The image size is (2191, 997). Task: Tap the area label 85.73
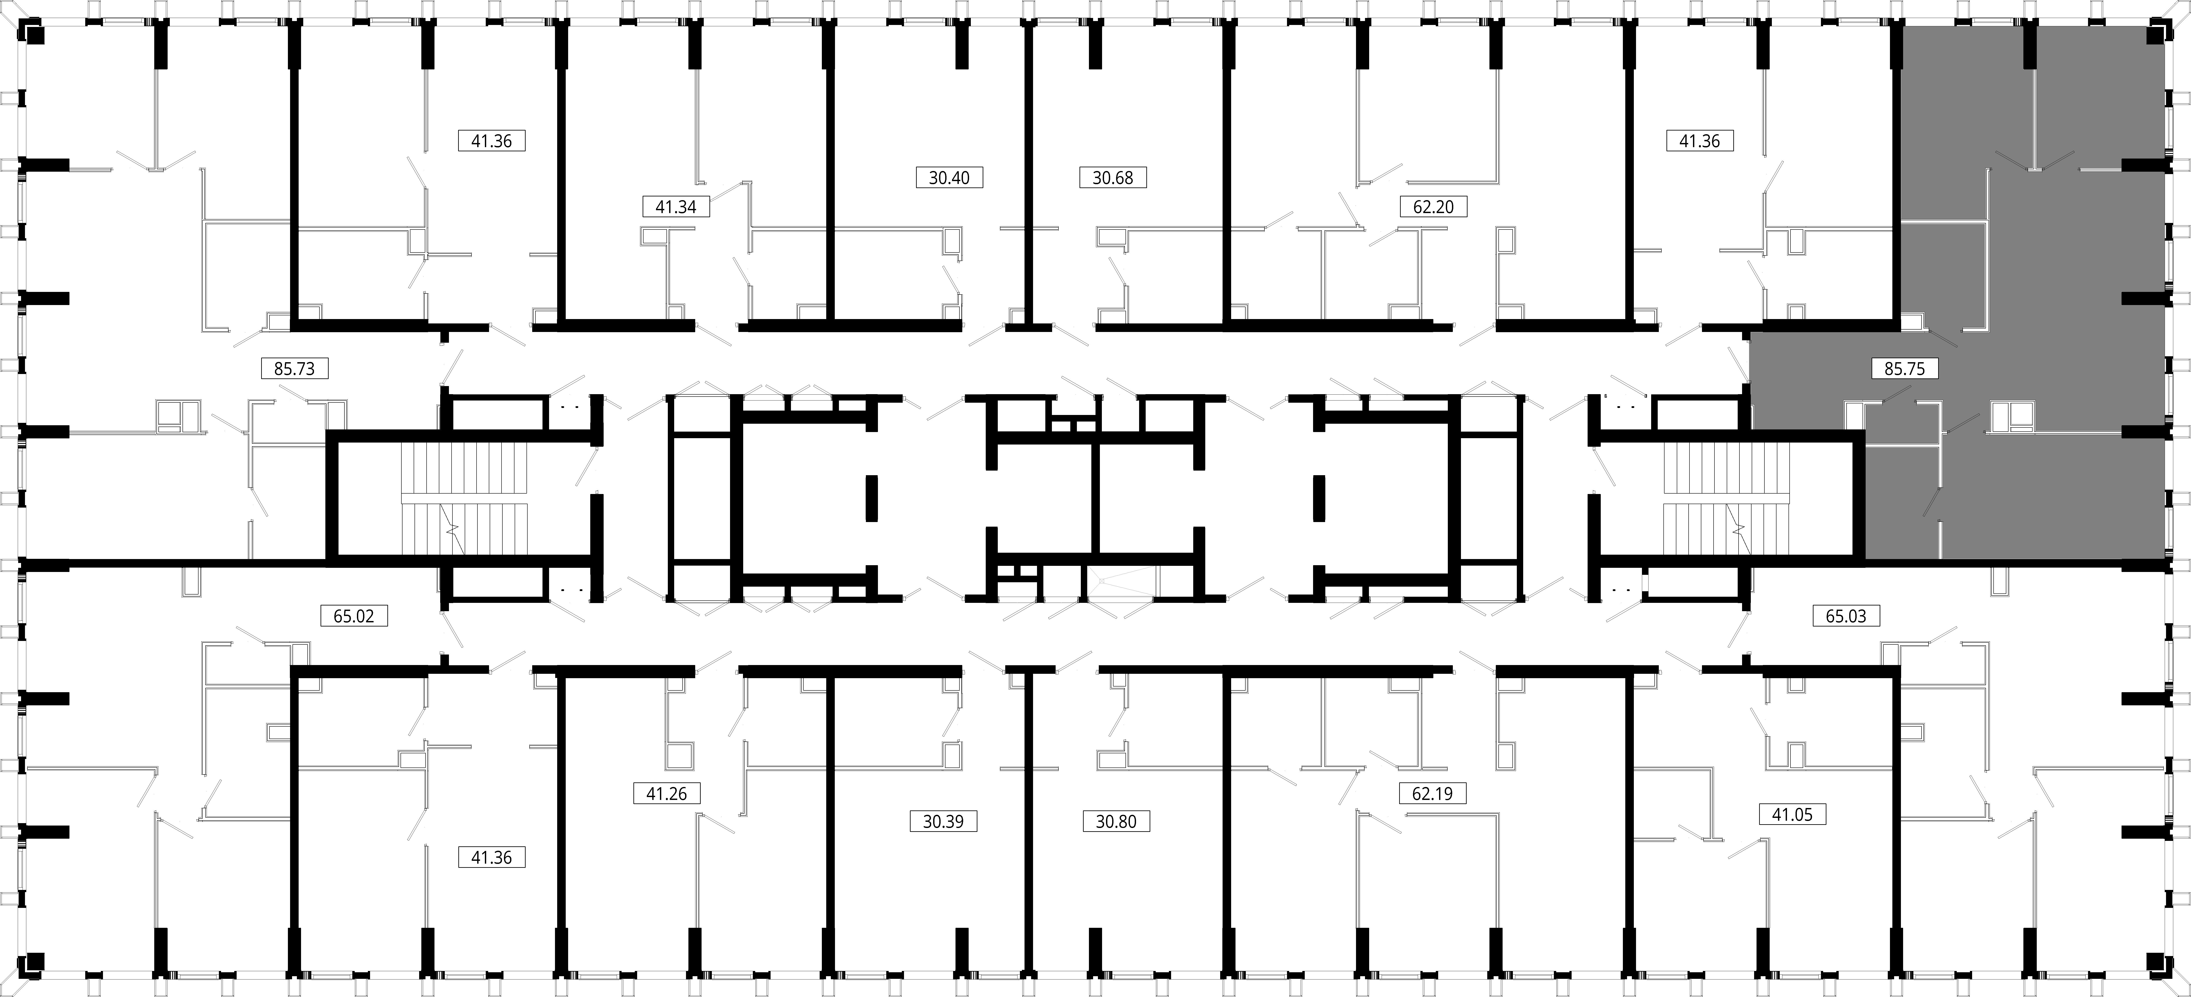click(294, 369)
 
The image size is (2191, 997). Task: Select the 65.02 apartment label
click(354, 615)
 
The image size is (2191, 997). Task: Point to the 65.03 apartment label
click(1846, 615)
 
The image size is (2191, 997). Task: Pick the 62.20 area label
click(1433, 206)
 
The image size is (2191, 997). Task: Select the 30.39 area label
click(943, 822)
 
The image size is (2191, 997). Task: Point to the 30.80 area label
click(1116, 822)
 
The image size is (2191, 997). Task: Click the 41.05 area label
click(1792, 814)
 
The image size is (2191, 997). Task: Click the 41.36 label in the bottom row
click(492, 858)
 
